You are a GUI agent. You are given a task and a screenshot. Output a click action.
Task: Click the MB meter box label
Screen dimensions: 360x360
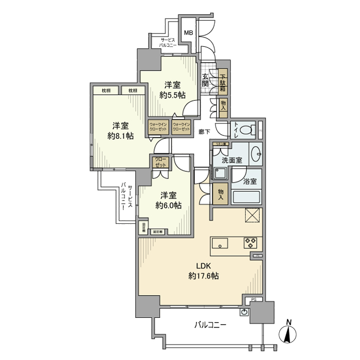[189, 33]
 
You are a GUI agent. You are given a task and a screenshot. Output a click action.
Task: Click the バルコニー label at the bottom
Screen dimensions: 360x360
[211, 325]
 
